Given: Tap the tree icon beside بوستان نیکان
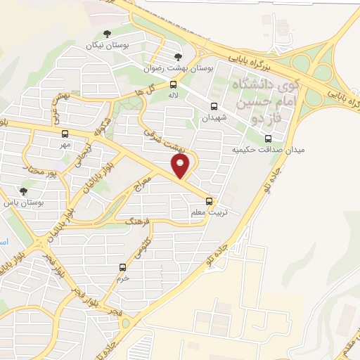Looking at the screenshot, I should (x=107, y=33).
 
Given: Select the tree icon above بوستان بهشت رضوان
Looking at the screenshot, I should (x=177, y=57).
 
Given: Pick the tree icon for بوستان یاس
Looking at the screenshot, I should (x=24, y=191).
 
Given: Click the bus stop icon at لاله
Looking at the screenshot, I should (x=174, y=84).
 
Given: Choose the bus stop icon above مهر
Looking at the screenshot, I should (x=65, y=134).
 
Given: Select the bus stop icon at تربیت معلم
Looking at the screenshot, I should (x=207, y=201).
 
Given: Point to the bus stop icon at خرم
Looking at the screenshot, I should (x=123, y=267).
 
